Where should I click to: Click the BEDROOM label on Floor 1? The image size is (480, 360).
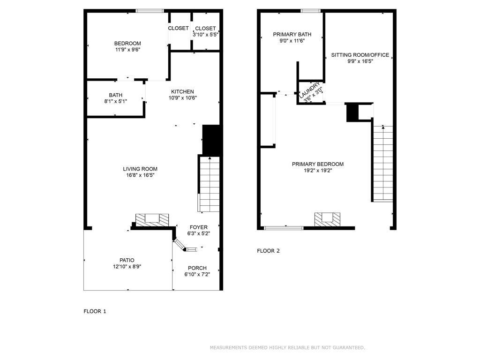pos(127,44)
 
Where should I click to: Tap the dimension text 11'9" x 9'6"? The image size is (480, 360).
pos(127,50)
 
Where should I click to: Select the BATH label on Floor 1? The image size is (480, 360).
pos(116,95)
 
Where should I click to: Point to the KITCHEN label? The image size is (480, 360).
pos(182,91)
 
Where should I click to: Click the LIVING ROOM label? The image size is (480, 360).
pos(140,169)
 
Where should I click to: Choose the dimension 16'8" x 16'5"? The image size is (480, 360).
pos(140,175)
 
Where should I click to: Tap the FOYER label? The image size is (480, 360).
pos(199,227)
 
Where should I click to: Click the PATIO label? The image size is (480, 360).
pos(127,260)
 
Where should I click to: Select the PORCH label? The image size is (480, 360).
pos(197,268)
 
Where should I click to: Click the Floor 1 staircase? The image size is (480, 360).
pos(210,184)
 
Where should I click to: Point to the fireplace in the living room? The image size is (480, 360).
pos(152,220)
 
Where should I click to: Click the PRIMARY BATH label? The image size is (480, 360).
pos(292,34)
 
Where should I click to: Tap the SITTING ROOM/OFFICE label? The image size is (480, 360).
pos(360,55)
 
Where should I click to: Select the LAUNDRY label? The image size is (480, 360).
pos(309,89)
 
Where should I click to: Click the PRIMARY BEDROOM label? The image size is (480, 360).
pos(318,164)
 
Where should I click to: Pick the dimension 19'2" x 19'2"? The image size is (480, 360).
pos(318,171)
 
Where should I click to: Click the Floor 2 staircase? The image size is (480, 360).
pos(382,164)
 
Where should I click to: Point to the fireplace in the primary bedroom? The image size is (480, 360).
pos(327,219)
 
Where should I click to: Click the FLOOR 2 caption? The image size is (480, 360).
pos(269,251)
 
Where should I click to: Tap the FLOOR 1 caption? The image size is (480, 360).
pos(95,311)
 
